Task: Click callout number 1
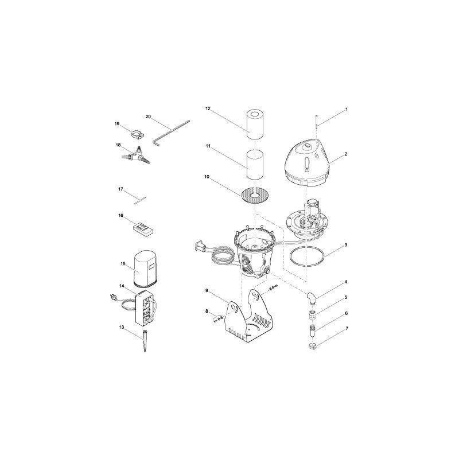pos(346,108)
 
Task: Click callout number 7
pos(346,329)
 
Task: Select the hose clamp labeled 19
pos(138,135)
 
